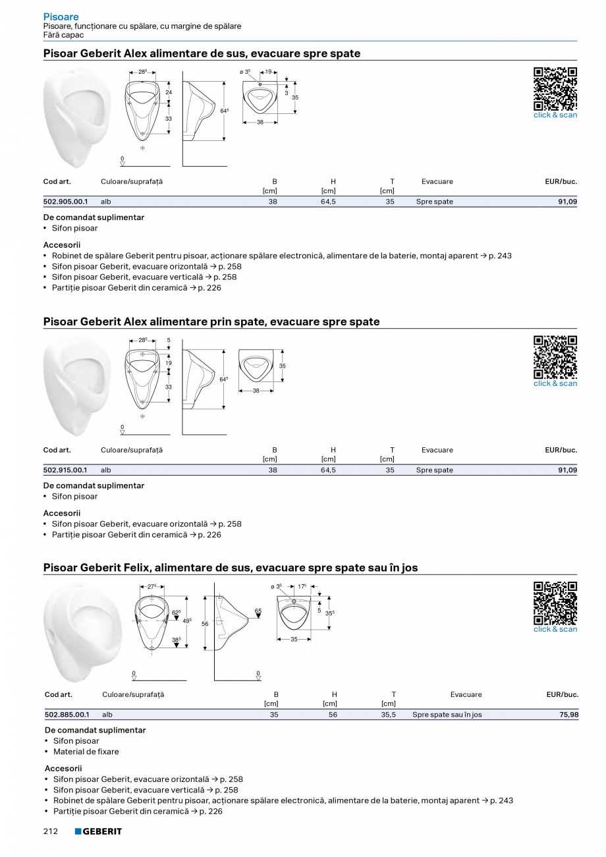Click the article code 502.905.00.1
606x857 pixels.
pyautogui.click(x=65, y=202)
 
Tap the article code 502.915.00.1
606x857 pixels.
pyautogui.click(x=65, y=470)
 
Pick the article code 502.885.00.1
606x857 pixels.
pyautogui.click(x=67, y=715)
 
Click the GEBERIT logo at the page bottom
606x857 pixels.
pyautogui.click(x=98, y=831)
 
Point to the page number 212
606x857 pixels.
pyautogui.click(x=51, y=831)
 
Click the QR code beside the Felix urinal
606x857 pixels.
pyautogui.click(x=555, y=603)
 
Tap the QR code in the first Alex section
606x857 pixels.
pyautogui.click(x=555, y=88)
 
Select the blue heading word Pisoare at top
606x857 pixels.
pyautogui.click(x=61, y=16)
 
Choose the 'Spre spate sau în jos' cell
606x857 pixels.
pyautogui.click(x=447, y=715)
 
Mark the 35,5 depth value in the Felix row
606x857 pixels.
pyautogui.click(x=389, y=715)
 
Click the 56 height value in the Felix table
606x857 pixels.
pyautogui.click(x=333, y=715)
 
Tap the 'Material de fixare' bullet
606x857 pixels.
pyautogui.click(x=86, y=752)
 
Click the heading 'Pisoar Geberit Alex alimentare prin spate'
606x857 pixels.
pyautogui.click(x=211, y=322)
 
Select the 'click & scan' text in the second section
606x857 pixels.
pyautogui.click(x=555, y=383)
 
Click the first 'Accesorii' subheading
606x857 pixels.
pyautogui.click(x=61, y=245)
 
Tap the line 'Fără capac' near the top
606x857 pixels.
pyautogui.click(x=63, y=35)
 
